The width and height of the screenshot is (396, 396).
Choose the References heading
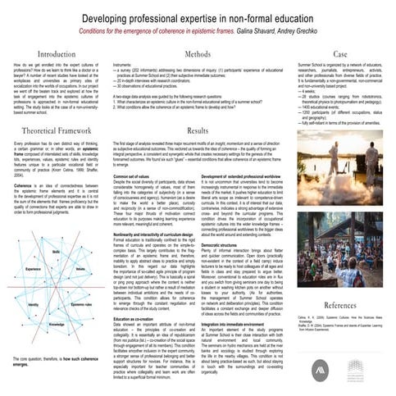click(340, 280)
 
